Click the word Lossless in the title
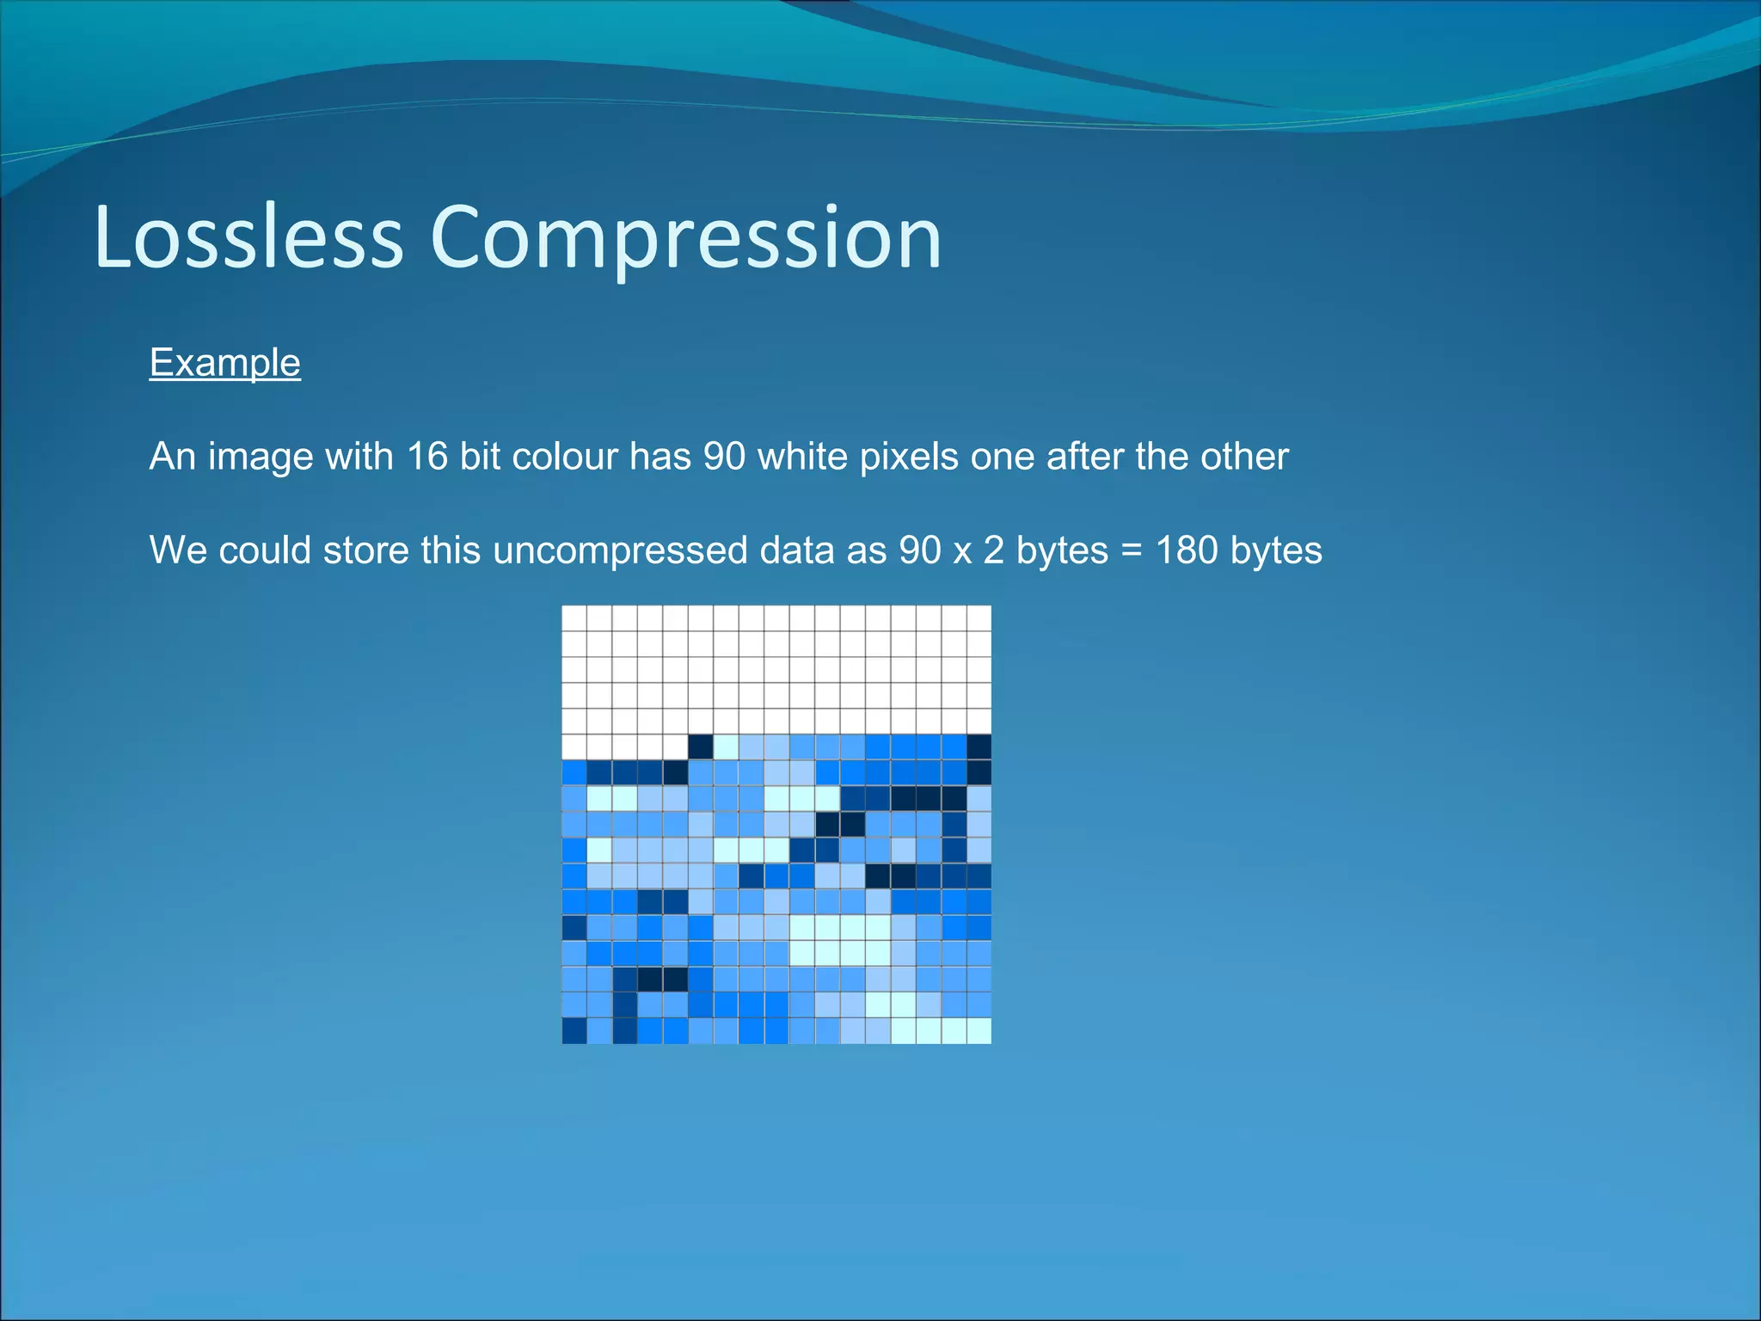(x=249, y=237)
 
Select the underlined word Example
(x=224, y=363)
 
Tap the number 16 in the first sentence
(x=427, y=456)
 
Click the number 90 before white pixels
(x=724, y=456)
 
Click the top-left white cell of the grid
(x=574, y=618)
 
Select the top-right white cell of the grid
(x=979, y=618)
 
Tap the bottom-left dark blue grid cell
(x=574, y=1030)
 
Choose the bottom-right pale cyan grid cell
(x=979, y=1030)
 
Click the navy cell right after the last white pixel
(x=701, y=747)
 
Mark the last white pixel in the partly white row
(x=676, y=747)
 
